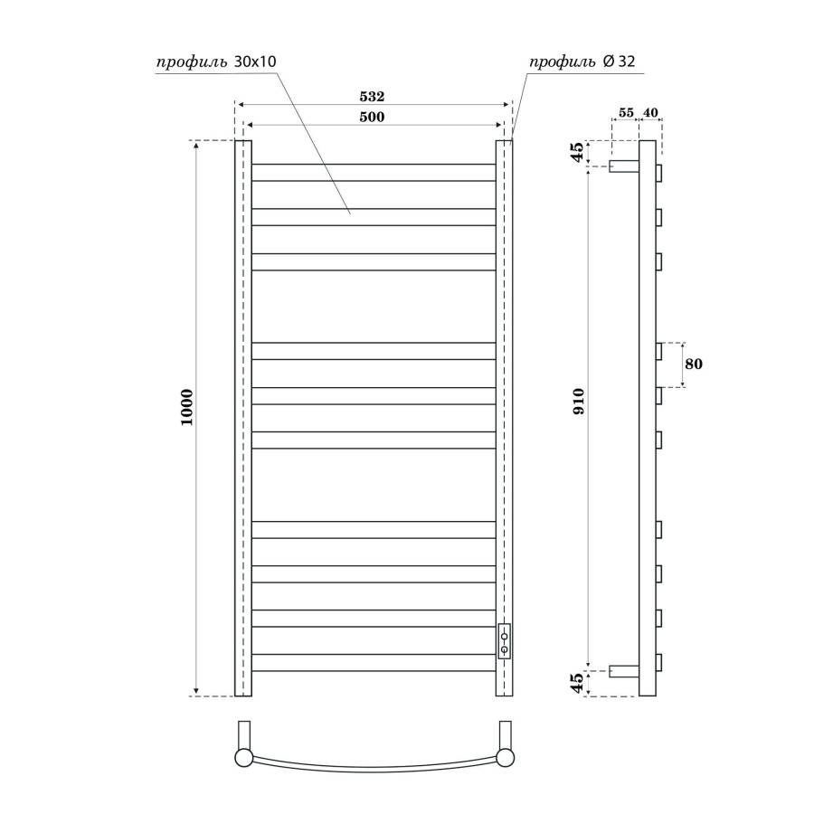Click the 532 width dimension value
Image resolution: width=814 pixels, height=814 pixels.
click(x=373, y=96)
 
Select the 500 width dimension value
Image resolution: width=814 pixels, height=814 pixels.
click(x=373, y=117)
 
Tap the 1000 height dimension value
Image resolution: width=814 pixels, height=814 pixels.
click(x=187, y=408)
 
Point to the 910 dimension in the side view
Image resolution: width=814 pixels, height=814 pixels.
click(x=579, y=400)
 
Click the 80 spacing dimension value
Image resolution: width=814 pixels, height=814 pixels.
click(x=694, y=364)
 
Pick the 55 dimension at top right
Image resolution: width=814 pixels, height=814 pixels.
click(x=625, y=113)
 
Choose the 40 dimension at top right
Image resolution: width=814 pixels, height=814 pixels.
click(x=650, y=113)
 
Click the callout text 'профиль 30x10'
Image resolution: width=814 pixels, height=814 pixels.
click(x=215, y=62)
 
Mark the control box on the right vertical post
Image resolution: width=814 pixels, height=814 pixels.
click(x=504, y=640)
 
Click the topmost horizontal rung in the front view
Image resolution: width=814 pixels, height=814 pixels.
click(x=373, y=172)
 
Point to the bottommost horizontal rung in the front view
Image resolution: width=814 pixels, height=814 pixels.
click(x=373, y=662)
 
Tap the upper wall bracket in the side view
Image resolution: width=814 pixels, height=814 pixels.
click(x=624, y=166)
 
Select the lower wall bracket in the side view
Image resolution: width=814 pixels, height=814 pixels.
click(x=624, y=671)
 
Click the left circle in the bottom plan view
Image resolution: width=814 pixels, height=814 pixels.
click(x=244, y=758)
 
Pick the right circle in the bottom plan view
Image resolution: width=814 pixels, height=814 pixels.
click(x=505, y=758)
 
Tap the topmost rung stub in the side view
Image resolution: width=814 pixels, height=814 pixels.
click(x=659, y=172)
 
